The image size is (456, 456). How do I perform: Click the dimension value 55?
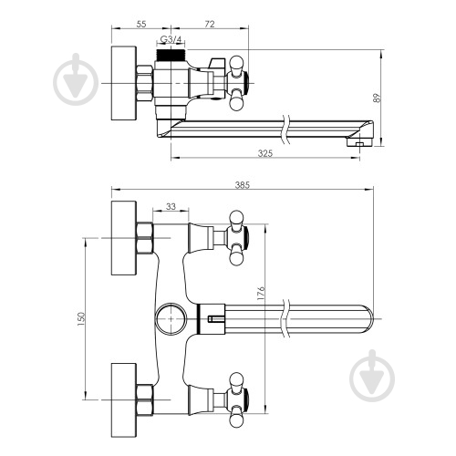tap(141, 24)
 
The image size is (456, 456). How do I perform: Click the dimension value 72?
tap(210, 24)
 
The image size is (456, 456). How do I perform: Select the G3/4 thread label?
tap(171, 39)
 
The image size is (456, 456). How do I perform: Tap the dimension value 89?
tap(377, 98)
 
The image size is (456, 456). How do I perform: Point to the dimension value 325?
tap(265, 153)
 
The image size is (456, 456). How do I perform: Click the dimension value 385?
tap(243, 185)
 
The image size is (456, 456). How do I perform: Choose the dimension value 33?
tap(171, 206)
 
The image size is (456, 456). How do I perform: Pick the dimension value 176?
tap(261, 294)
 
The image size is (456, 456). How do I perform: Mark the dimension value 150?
tap(82, 319)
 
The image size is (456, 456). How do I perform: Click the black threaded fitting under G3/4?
tap(171, 55)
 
